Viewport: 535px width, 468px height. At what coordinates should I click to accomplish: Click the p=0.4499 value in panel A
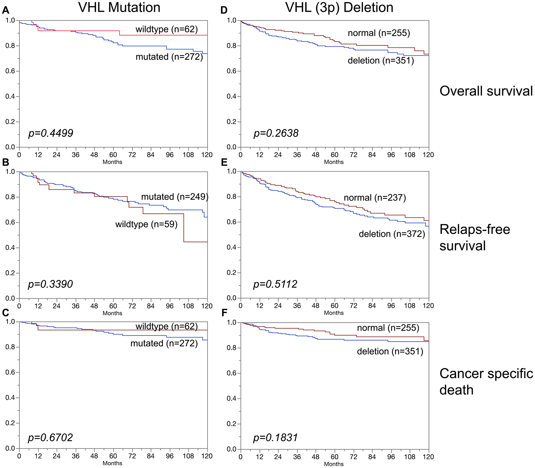tap(51, 133)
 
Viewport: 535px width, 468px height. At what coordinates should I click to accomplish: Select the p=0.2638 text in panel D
tap(276, 133)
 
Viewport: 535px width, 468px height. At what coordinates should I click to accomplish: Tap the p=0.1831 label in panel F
tap(276, 438)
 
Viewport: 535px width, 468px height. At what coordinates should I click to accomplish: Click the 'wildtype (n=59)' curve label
tap(146, 224)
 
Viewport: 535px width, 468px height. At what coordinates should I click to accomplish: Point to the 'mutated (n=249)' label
tap(175, 197)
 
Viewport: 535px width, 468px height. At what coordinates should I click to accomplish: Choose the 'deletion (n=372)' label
tap(392, 234)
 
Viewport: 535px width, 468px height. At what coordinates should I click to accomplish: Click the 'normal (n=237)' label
tap(375, 198)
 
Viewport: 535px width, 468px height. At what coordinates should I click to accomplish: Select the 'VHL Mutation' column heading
tap(119, 7)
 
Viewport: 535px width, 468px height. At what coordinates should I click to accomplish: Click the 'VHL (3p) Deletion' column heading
tap(339, 7)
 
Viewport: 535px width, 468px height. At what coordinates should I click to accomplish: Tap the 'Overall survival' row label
tap(486, 91)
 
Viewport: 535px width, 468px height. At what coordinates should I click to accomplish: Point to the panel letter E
tap(224, 162)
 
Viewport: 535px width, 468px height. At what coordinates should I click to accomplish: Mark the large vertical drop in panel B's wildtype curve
tap(184, 228)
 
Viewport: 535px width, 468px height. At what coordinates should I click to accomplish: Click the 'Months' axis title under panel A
tap(112, 162)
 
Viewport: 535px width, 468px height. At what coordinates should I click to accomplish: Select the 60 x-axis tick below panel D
tap(334, 155)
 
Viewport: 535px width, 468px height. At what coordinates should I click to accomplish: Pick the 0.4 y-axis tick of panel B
tap(10, 248)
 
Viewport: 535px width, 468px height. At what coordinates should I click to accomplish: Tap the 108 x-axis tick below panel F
tap(410, 457)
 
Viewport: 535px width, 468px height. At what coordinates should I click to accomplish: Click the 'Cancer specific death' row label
tap(486, 382)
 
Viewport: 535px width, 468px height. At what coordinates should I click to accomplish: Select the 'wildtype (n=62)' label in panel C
tap(167, 326)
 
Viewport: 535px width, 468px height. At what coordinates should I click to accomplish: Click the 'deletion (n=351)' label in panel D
tap(381, 61)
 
